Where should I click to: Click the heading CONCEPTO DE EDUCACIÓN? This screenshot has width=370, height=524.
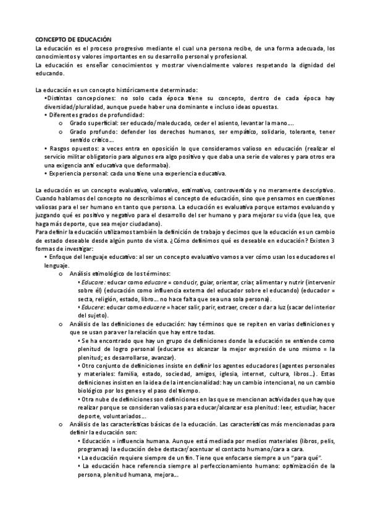point(74,40)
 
